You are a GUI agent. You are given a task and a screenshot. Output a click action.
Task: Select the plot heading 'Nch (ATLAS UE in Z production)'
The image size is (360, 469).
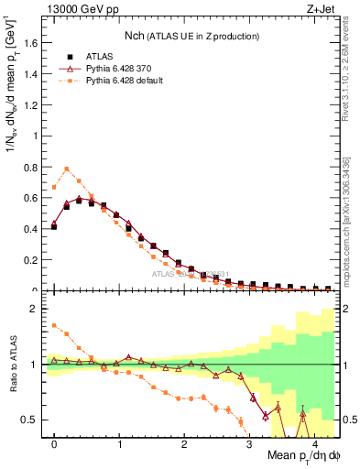point(192,36)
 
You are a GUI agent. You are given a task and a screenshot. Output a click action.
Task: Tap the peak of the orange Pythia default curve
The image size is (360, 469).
point(67,169)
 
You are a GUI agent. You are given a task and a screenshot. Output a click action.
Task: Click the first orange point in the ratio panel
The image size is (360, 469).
point(54,324)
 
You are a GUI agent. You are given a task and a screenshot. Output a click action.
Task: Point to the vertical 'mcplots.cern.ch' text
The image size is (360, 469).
point(350,229)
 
